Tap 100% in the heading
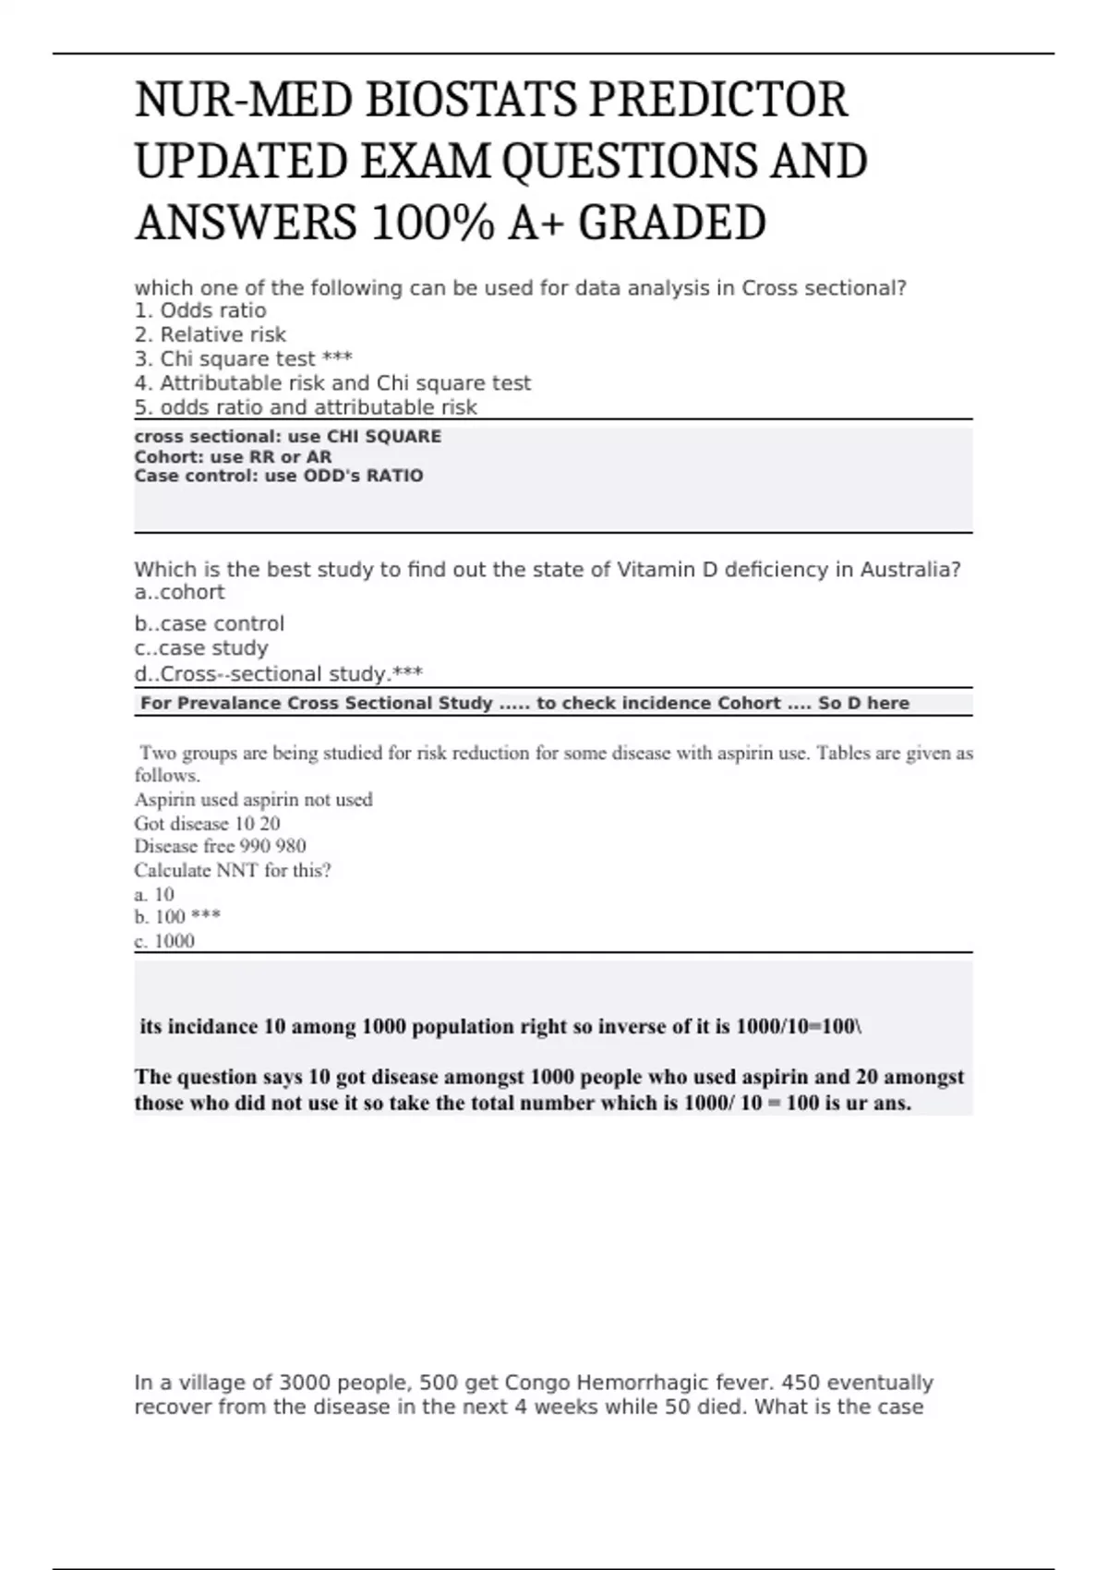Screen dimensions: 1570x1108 coord(431,223)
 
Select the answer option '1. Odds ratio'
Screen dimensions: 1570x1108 coord(200,310)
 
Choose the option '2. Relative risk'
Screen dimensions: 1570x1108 coord(211,334)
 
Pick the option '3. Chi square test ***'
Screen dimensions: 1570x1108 coord(244,358)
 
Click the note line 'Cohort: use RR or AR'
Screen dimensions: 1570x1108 coord(233,456)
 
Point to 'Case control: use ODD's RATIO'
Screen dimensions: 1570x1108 coord(279,476)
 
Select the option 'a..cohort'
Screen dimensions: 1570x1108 coord(179,592)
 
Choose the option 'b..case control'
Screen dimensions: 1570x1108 coord(210,623)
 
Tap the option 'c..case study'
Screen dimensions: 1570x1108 coord(201,648)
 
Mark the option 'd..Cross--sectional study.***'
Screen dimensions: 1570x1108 coord(279,674)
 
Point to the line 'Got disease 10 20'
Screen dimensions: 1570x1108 coord(207,823)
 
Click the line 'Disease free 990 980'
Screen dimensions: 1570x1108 coord(220,846)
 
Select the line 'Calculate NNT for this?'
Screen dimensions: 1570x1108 coord(233,870)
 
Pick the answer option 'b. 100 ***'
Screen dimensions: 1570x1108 coord(177,916)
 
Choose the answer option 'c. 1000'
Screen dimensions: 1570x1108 coord(164,940)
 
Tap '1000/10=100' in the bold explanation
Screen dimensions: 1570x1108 coord(798,1026)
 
